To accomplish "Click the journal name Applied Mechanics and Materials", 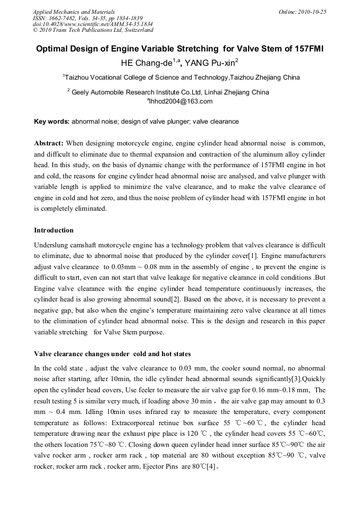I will coord(74,11).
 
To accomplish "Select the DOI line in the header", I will coord(93,24).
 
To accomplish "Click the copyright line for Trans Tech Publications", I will coord(93,30).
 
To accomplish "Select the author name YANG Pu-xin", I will coord(211,63).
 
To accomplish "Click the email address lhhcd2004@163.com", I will coord(181,101).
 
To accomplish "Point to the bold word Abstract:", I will coord(49,143).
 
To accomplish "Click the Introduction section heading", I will coord(54,230).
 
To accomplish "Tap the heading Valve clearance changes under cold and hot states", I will coord(112,354).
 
